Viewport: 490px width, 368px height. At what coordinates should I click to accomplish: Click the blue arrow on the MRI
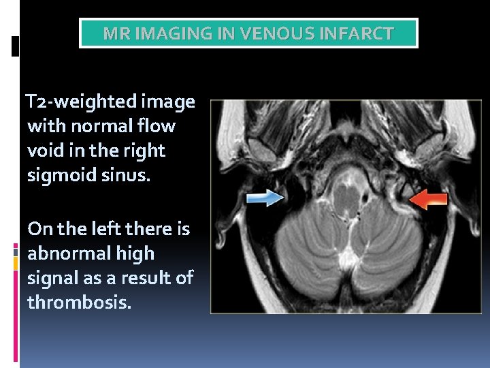pyautogui.click(x=265, y=198)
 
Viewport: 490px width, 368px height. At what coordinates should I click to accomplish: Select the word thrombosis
pyautogui.click(x=78, y=301)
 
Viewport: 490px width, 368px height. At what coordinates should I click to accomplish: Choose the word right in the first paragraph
pyautogui.click(x=146, y=150)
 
